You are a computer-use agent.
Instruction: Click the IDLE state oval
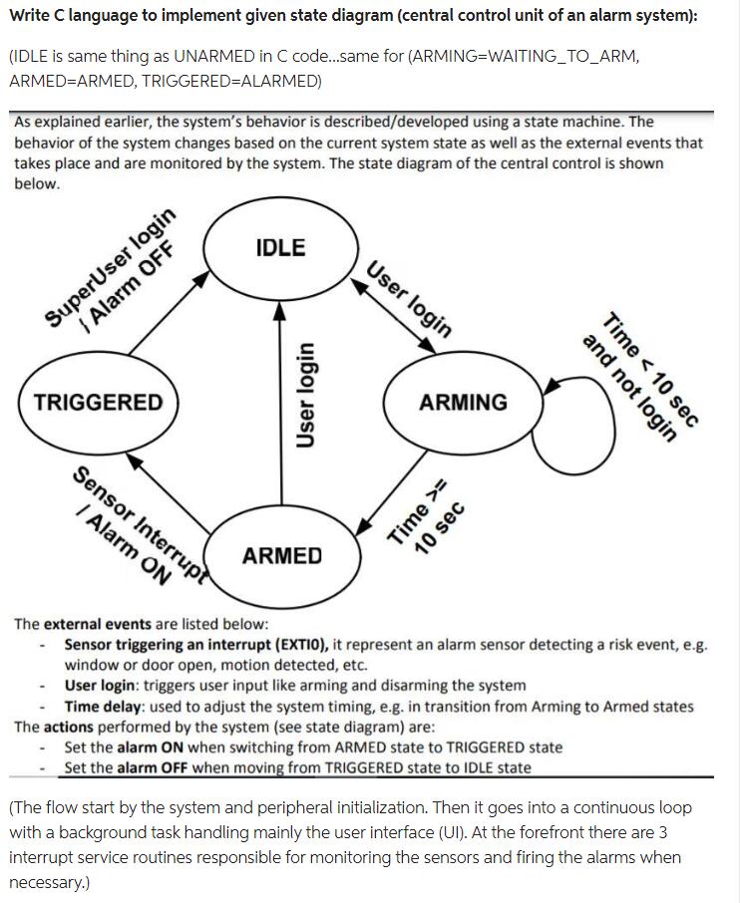[x=280, y=248]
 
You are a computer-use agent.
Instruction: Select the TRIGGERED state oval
[x=98, y=403]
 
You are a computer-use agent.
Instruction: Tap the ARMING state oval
[x=463, y=403]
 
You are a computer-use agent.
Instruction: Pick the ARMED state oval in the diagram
[x=282, y=555]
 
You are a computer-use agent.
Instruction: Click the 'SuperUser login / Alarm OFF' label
[x=116, y=267]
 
